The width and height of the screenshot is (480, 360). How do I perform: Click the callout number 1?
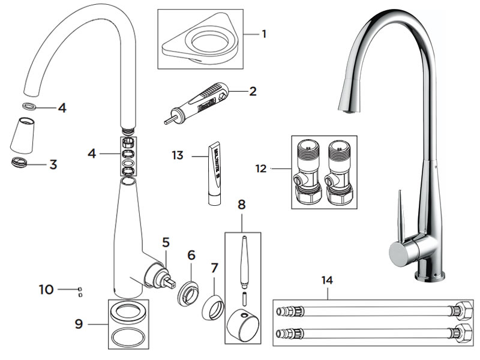[x=264, y=34]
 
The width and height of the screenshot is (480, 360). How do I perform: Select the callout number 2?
[x=253, y=91]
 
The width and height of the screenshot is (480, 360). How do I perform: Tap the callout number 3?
[x=53, y=164]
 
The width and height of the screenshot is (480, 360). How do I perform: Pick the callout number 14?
[x=327, y=280]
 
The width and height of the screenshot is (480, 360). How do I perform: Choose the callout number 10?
[x=46, y=289]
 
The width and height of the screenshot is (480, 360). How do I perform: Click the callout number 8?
[x=242, y=204]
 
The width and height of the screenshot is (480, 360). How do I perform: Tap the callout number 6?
[x=191, y=255]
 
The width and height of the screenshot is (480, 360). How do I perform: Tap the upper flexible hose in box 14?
[x=372, y=311]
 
